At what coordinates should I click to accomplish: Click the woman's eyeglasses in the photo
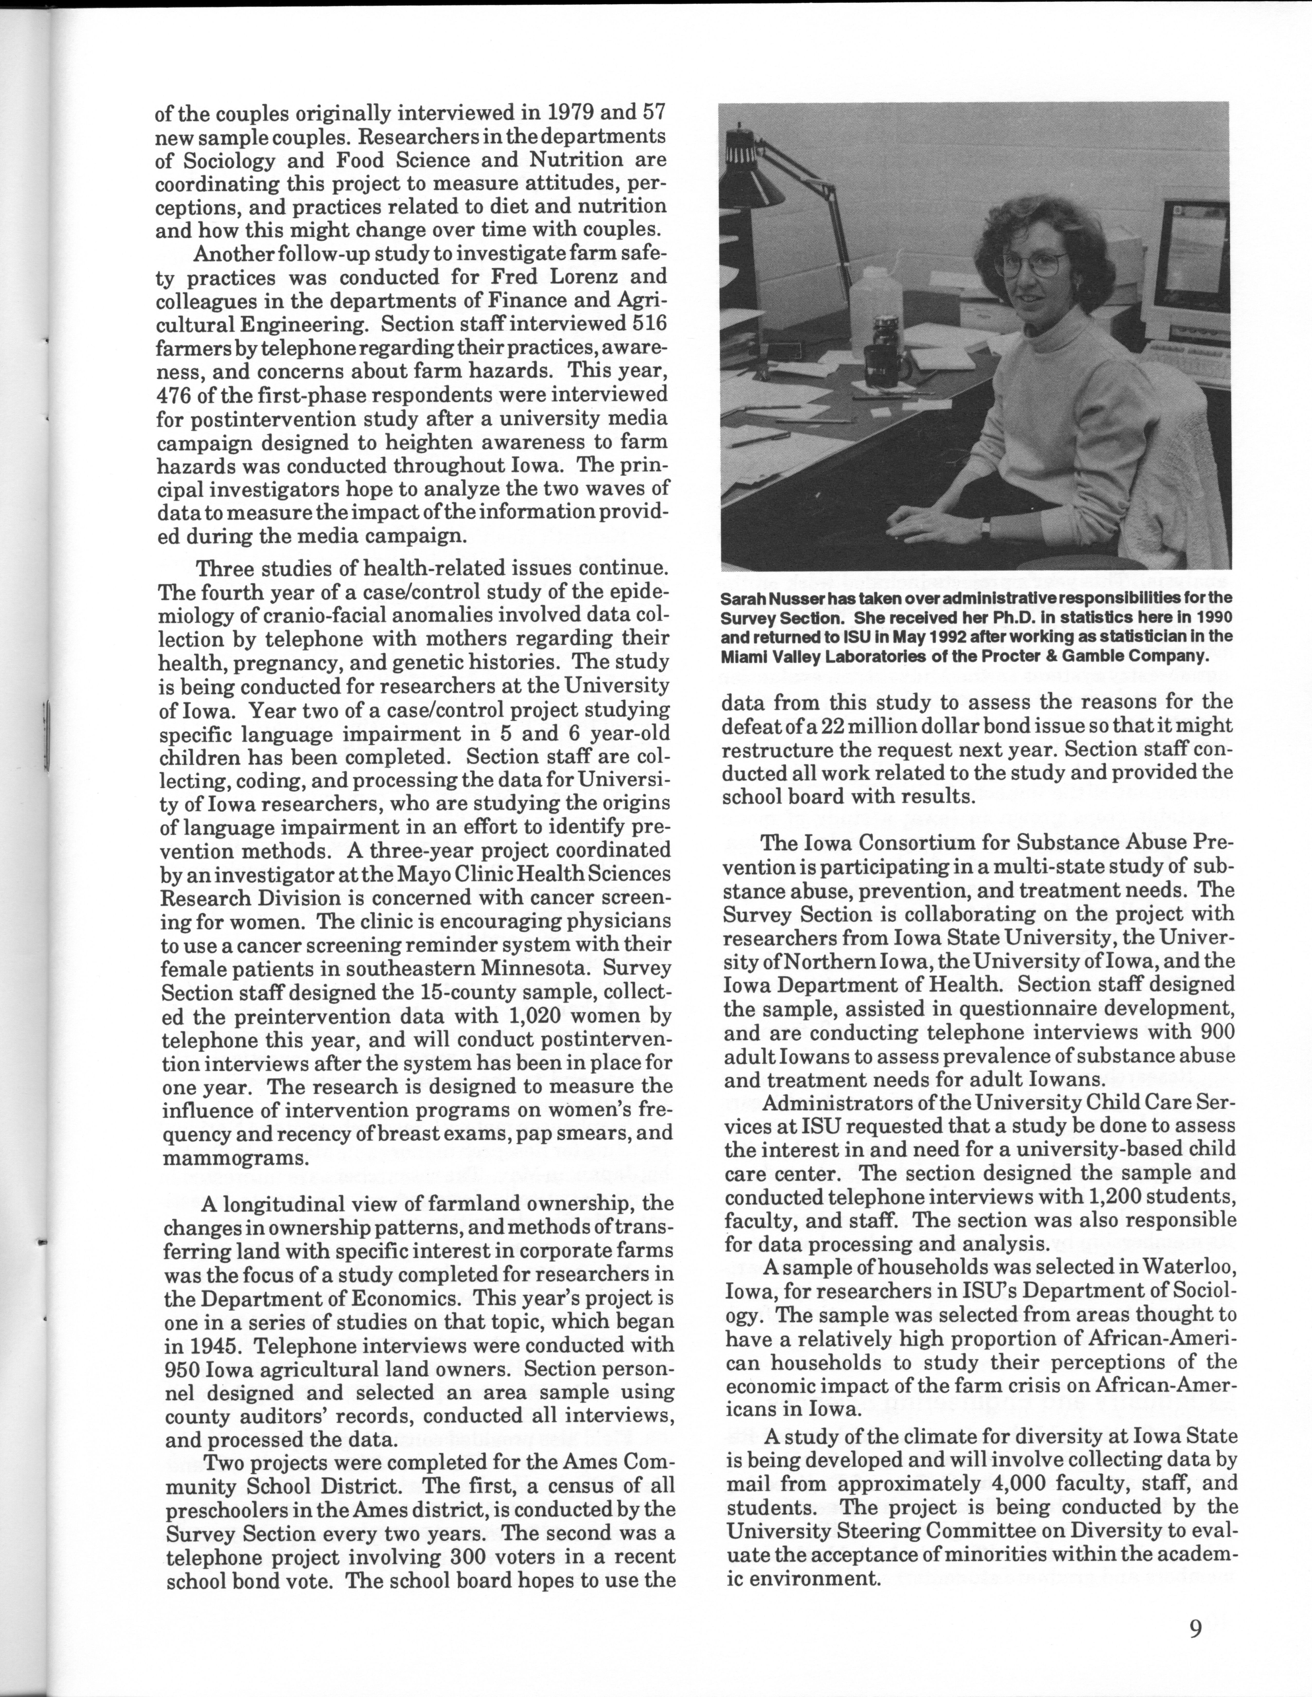coord(1030,264)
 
